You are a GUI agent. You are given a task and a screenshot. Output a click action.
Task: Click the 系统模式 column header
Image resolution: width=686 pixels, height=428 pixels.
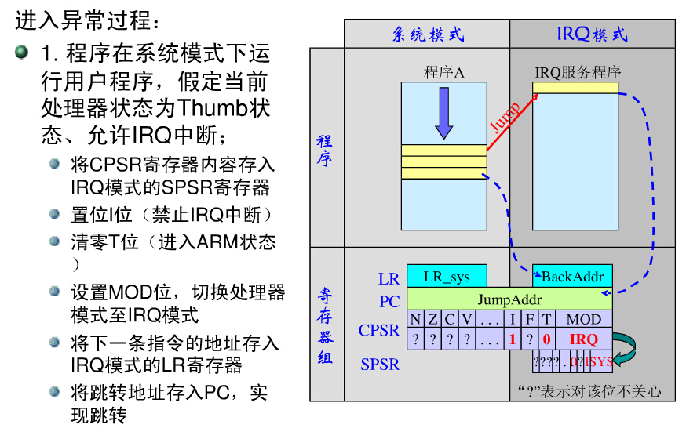(427, 34)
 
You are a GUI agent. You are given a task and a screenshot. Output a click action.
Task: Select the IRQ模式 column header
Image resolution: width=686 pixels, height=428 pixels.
(592, 34)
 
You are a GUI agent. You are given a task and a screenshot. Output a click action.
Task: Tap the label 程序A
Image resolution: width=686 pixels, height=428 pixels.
(444, 73)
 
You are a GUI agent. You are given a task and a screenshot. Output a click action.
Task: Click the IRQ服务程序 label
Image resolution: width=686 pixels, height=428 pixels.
(578, 73)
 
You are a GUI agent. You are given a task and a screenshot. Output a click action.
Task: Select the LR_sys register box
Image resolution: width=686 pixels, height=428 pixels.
(447, 276)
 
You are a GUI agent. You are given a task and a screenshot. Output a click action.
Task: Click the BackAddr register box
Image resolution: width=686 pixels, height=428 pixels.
(572, 276)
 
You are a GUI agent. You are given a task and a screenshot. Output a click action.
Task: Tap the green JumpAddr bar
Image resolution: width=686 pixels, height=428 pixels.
(509, 299)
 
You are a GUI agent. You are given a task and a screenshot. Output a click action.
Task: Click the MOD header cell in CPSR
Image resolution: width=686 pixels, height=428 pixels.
(584, 319)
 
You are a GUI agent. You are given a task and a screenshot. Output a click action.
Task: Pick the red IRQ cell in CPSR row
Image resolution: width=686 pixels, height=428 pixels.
(584, 339)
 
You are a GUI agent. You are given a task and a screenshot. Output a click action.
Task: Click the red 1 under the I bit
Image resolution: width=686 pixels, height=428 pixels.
(513, 339)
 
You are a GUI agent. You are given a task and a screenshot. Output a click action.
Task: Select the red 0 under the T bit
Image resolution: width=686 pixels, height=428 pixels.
(547, 339)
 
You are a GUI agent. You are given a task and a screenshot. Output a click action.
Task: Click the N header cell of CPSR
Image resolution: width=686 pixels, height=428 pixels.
(415, 319)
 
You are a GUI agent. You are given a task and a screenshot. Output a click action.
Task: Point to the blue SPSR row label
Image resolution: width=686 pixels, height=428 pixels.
(380, 364)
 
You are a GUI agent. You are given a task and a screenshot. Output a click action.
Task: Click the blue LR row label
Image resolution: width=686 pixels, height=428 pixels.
(389, 278)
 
